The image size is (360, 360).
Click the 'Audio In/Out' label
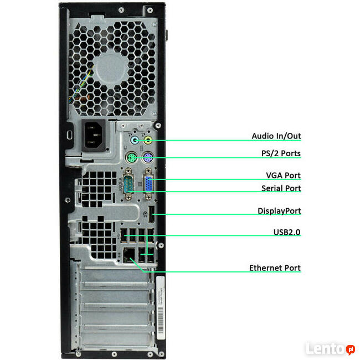pyautogui.click(x=276, y=136)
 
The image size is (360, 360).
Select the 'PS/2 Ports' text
pyautogui.click(x=280, y=153)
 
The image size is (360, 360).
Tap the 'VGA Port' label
pyautogui.click(x=283, y=176)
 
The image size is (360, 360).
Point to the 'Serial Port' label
pyautogui.click(x=281, y=188)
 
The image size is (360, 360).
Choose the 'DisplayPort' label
pyautogui.click(x=279, y=211)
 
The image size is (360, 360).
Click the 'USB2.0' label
pyautogui.click(x=286, y=233)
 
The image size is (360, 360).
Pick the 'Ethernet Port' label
pyautogui.click(x=275, y=268)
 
